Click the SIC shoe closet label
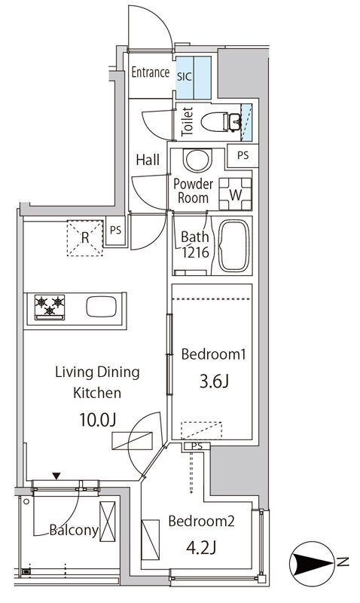coord(184,76)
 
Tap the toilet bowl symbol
coord(221,122)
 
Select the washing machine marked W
coord(235,194)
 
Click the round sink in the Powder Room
coord(197,160)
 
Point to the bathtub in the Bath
coord(234,246)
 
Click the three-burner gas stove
coord(50,307)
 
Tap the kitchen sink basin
coord(101,307)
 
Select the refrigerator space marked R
coord(85,238)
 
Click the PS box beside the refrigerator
coord(116,231)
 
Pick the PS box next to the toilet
coord(243,155)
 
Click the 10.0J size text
coord(98,420)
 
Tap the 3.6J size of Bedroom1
coord(214,382)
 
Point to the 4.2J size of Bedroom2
coord(200,548)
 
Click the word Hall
coord(148,160)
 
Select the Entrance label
coord(150,72)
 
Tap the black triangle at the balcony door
coord(56,476)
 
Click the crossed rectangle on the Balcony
coord(107,522)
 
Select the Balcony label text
coord(74,531)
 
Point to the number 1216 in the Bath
coord(196,253)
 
